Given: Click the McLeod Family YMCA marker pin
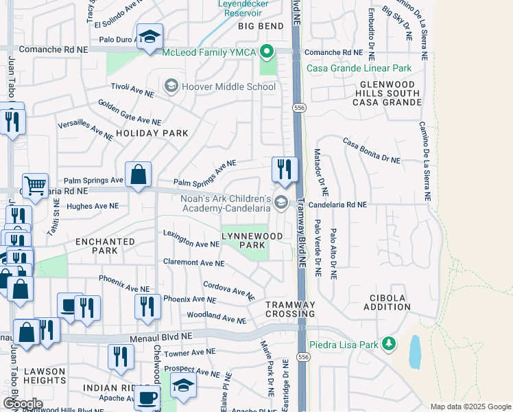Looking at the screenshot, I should click(267, 51).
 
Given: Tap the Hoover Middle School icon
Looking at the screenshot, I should click(170, 86).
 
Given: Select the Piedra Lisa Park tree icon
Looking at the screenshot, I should click(389, 343).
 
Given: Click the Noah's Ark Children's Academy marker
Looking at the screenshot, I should click(281, 202).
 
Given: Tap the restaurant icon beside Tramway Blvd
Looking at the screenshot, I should click(285, 170).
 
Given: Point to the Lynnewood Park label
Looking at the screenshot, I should click(243, 240).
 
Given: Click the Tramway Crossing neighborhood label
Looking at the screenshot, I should click(290, 309).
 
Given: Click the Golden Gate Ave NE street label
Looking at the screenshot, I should click(126, 108).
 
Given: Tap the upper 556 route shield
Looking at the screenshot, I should click(298, 108).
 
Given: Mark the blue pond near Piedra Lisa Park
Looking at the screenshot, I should click(415, 353).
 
